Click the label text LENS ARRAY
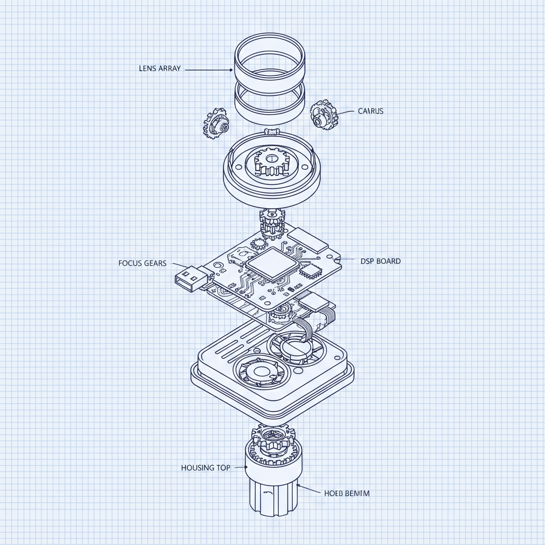pyautogui.click(x=160, y=69)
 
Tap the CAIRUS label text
pyautogui.click(x=370, y=111)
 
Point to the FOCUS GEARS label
pyautogui.click(x=143, y=263)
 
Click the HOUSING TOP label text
pyautogui.click(x=206, y=468)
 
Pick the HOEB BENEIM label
pyautogui.click(x=346, y=493)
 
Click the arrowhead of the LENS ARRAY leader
pyautogui.click(x=231, y=69)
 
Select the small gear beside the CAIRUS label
pyautogui.click(x=323, y=114)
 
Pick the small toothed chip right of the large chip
pyautogui.click(x=309, y=271)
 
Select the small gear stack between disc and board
pyautogui.click(x=271, y=223)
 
